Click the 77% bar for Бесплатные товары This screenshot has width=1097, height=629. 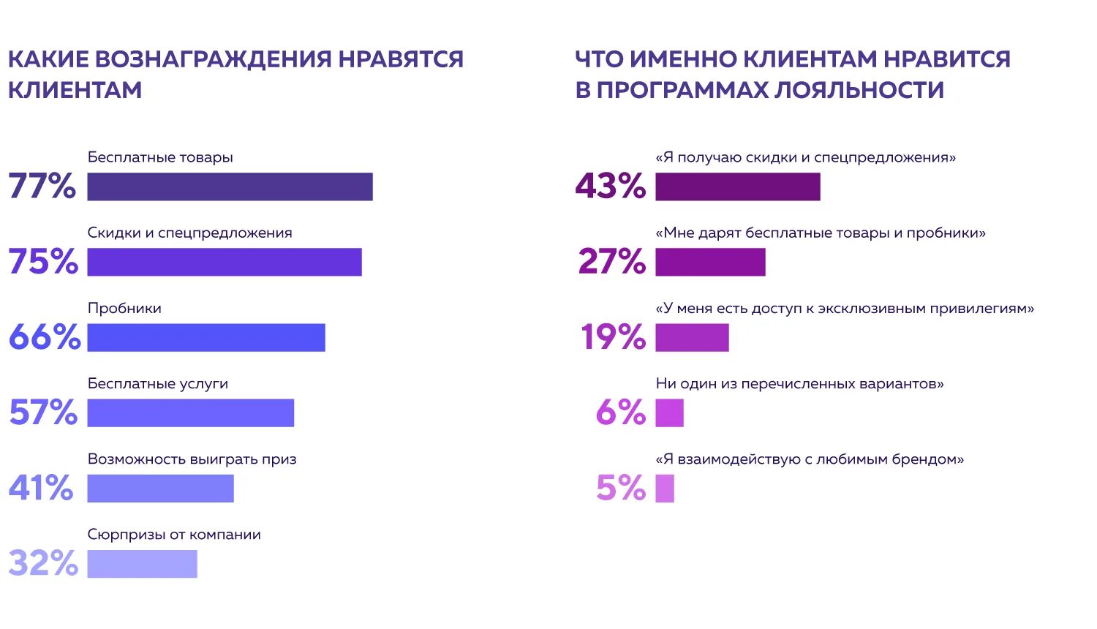click(230, 187)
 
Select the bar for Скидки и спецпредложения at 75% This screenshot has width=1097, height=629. click(225, 262)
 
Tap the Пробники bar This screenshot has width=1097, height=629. click(206, 337)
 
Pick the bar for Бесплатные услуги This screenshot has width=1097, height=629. click(190, 413)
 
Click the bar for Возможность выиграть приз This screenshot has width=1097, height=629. click(160, 488)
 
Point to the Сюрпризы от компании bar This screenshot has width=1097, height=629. click(142, 563)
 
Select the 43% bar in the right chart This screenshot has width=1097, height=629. click(738, 187)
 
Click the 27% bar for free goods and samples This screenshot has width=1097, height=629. click(710, 262)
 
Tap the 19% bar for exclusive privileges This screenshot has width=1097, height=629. click(692, 337)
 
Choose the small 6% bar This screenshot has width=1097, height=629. click(669, 413)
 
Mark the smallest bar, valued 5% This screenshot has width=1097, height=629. click(665, 488)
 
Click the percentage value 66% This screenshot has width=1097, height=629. click(45, 337)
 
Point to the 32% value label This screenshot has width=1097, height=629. click(43, 563)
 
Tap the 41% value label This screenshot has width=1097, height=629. click(41, 488)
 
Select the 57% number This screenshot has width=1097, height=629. click(43, 413)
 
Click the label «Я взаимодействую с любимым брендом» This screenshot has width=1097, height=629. click(810, 459)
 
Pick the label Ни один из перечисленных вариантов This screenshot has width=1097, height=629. click(799, 384)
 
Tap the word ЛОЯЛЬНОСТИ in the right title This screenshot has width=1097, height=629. click(859, 90)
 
